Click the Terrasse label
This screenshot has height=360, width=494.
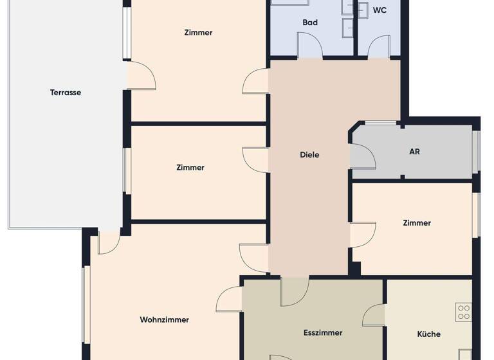[x=66, y=93]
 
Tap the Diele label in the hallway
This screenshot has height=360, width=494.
[x=309, y=155]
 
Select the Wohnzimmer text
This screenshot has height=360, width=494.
[x=165, y=319]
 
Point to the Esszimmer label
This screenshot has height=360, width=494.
[x=323, y=333]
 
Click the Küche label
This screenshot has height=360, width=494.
[x=429, y=334]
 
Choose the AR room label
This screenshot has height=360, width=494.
[x=415, y=152]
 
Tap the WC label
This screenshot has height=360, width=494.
[x=380, y=11]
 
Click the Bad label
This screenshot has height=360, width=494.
[x=310, y=22]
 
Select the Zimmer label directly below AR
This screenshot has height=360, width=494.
[x=417, y=223]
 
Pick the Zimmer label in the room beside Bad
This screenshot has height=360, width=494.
[x=198, y=33]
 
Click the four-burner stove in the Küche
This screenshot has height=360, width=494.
[x=464, y=312]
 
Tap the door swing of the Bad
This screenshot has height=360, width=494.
[x=309, y=45]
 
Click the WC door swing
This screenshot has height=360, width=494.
[x=378, y=46]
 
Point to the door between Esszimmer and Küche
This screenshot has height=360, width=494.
[x=374, y=315]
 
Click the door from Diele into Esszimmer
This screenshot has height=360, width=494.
[x=295, y=291]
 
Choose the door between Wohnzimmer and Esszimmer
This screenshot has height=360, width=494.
[x=230, y=301]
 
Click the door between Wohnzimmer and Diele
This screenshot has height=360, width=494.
[x=253, y=258]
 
